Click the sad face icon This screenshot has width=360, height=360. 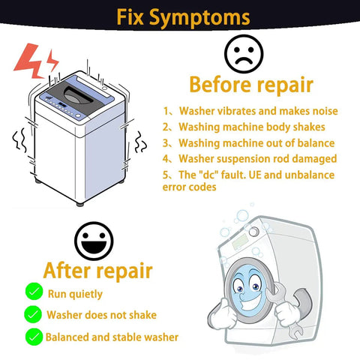coord(244,54)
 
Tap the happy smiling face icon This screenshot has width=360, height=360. coord(94,241)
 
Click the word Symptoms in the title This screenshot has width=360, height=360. coord(199,18)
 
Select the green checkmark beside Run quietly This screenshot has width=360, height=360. coord(34,291)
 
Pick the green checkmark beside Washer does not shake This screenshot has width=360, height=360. coord(33,314)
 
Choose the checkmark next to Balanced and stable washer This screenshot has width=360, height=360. coord(34,337)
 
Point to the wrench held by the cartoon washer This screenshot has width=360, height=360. coord(285,309)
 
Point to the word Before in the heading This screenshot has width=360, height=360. coord(220,85)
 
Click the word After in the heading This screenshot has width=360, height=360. coord(67,271)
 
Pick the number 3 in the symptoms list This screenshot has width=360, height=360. coord(166,143)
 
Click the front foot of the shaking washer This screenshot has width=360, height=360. coord(80,204)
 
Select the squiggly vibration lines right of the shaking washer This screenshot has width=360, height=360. coord(140,142)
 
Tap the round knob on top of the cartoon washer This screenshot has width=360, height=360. coord(253,232)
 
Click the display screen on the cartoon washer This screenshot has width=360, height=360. coord(240,241)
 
